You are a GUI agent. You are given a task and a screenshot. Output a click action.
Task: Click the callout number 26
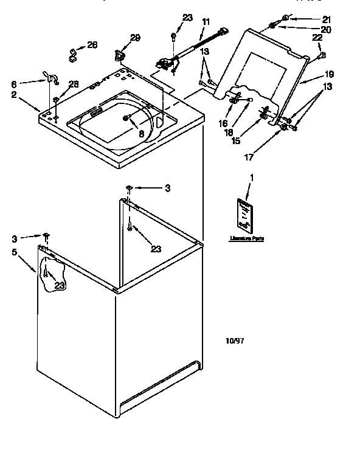point(92,44)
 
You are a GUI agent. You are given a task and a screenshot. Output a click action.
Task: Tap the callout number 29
point(134,38)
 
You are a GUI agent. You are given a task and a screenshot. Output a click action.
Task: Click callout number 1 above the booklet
point(252,177)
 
